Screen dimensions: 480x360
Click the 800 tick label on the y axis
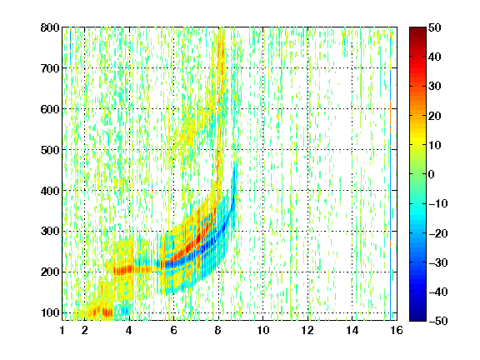50,27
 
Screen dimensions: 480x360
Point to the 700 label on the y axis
50,68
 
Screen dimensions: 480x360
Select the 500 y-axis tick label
50,150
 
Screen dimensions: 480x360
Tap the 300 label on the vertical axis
50,232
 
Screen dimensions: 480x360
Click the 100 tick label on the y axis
50,312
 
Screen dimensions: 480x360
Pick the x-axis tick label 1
62,330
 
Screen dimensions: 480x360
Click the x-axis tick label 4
129,330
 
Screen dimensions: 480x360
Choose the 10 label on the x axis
263,330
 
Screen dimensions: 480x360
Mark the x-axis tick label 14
352,330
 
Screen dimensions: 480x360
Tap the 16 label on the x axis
397,330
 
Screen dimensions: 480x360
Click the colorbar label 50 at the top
435,27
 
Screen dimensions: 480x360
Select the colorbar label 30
435,87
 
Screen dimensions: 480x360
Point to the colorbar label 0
432,174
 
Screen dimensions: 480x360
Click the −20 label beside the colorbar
438,233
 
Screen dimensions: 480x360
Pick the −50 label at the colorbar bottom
438,321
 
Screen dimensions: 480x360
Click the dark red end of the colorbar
417,31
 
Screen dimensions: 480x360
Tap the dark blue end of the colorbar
417,317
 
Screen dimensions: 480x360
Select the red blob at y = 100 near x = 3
107,312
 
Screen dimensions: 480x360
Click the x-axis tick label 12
307,330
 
